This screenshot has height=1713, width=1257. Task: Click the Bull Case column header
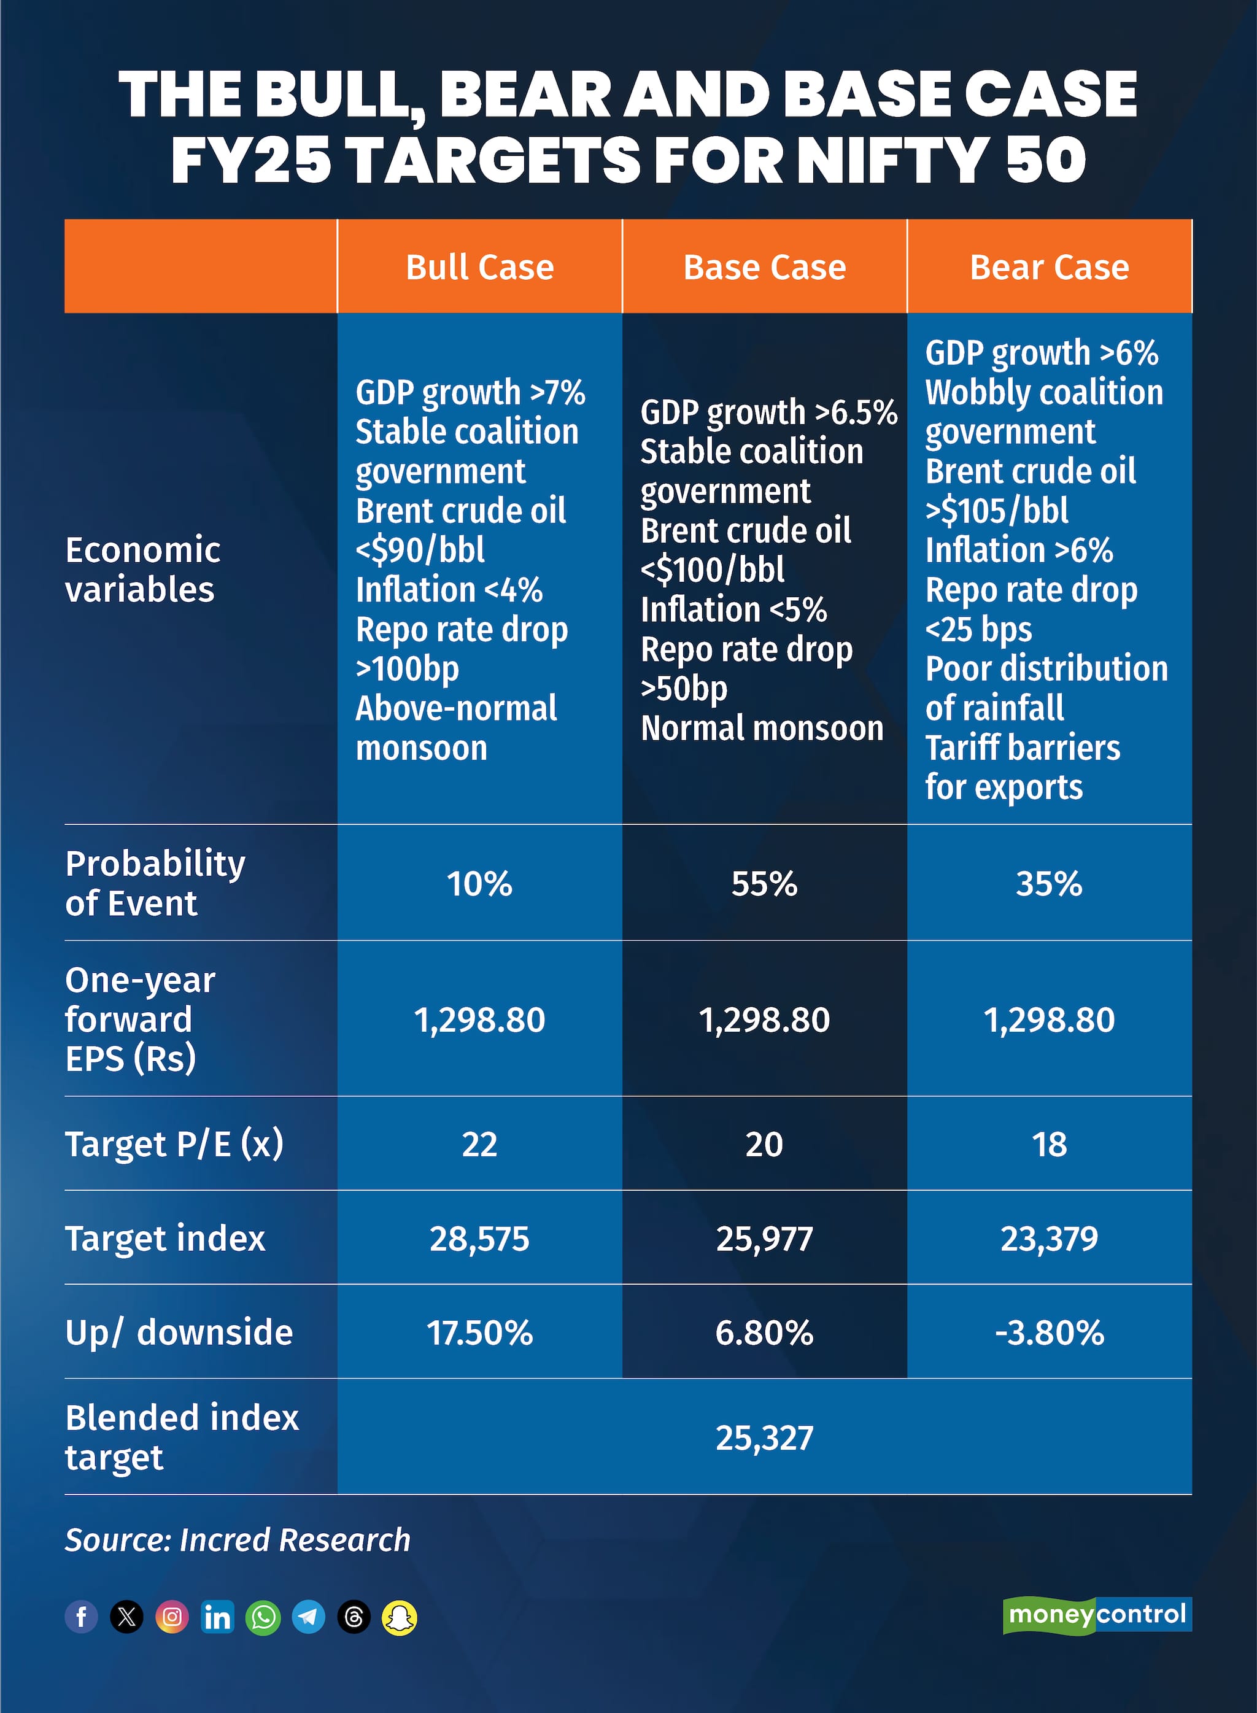pyautogui.click(x=479, y=267)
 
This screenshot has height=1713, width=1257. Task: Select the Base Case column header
pyautogui.click(x=764, y=267)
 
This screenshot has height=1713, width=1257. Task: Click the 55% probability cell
pyautogui.click(x=764, y=883)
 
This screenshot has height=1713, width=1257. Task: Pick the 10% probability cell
pyautogui.click(x=479, y=883)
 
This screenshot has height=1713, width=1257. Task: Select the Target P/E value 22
pyautogui.click(x=479, y=1144)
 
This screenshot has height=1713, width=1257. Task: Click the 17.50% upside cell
pyautogui.click(x=479, y=1332)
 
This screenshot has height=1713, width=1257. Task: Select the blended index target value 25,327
pyautogui.click(x=764, y=1437)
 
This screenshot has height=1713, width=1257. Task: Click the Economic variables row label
pyautogui.click(x=142, y=569)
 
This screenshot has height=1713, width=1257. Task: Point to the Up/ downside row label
pyautogui.click(x=179, y=1332)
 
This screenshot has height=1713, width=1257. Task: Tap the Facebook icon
pyautogui.click(x=82, y=1617)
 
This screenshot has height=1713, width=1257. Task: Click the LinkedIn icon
pyautogui.click(x=218, y=1617)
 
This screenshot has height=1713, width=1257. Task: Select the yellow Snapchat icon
pyautogui.click(x=400, y=1617)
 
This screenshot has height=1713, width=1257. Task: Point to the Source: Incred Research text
pyautogui.click(x=238, y=1539)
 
